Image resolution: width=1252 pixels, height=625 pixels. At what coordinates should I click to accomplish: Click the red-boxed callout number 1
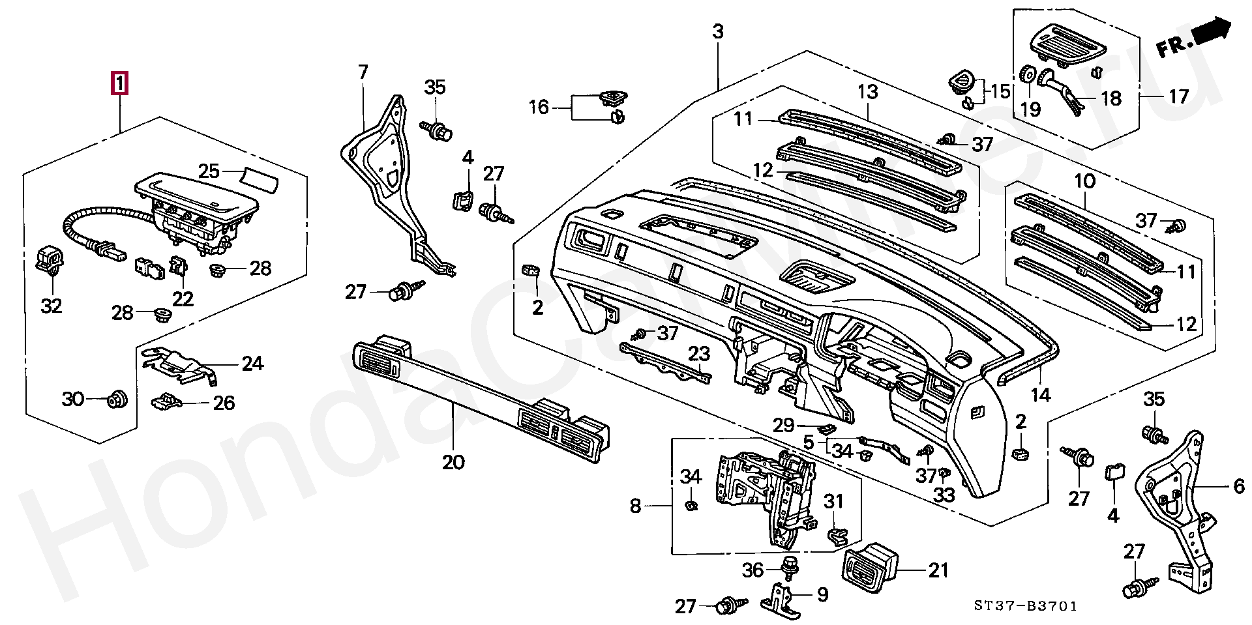pyautogui.click(x=120, y=84)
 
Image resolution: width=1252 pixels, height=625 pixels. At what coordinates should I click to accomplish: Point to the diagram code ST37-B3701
pyautogui.click(x=1026, y=606)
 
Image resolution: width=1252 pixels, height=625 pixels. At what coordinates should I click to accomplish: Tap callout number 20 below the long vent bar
pyautogui.click(x=453, y=462)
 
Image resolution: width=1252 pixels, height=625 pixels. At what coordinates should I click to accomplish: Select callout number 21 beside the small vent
pyautogui.click(x=938, y=570)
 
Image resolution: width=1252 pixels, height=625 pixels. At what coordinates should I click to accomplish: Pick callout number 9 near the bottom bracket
pyautogui.click(x=822, y=594)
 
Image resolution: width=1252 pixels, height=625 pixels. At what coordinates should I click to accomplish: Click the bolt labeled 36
pyautogui.click(x=790, y=568)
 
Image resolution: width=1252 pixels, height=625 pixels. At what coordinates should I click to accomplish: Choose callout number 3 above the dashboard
pyautogui.click(x=717, y=31)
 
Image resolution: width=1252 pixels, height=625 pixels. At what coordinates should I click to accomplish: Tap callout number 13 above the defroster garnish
pyautogui.click(x=868, y=92)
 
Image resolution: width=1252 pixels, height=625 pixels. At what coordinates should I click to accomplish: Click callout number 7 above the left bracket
pyautogui.click(x=363, y=72)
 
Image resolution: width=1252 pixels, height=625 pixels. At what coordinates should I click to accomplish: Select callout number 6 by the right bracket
pyautogui.click(x=1238, y=486)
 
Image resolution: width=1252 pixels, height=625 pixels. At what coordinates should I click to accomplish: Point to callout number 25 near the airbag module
pyautogui.click(x=209, y=171)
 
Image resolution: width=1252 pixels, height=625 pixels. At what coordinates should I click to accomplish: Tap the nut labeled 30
pyautogui.click(x=118, y=399)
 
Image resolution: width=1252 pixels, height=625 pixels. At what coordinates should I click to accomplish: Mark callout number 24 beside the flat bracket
pyautogui.click(x=252, y=363)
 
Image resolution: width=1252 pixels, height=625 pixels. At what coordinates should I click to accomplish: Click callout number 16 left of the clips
pyautogui.click(x=539, y=107)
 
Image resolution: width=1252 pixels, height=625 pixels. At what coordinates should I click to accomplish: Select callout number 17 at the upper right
pyautogui.click(x=1178, y=97)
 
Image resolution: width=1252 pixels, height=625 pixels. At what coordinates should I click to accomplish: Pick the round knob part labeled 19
pyautogui.click(x=1027, y=74)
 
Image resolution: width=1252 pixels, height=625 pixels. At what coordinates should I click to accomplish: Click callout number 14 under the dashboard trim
pyautogui.click(x=1041, y=394)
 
